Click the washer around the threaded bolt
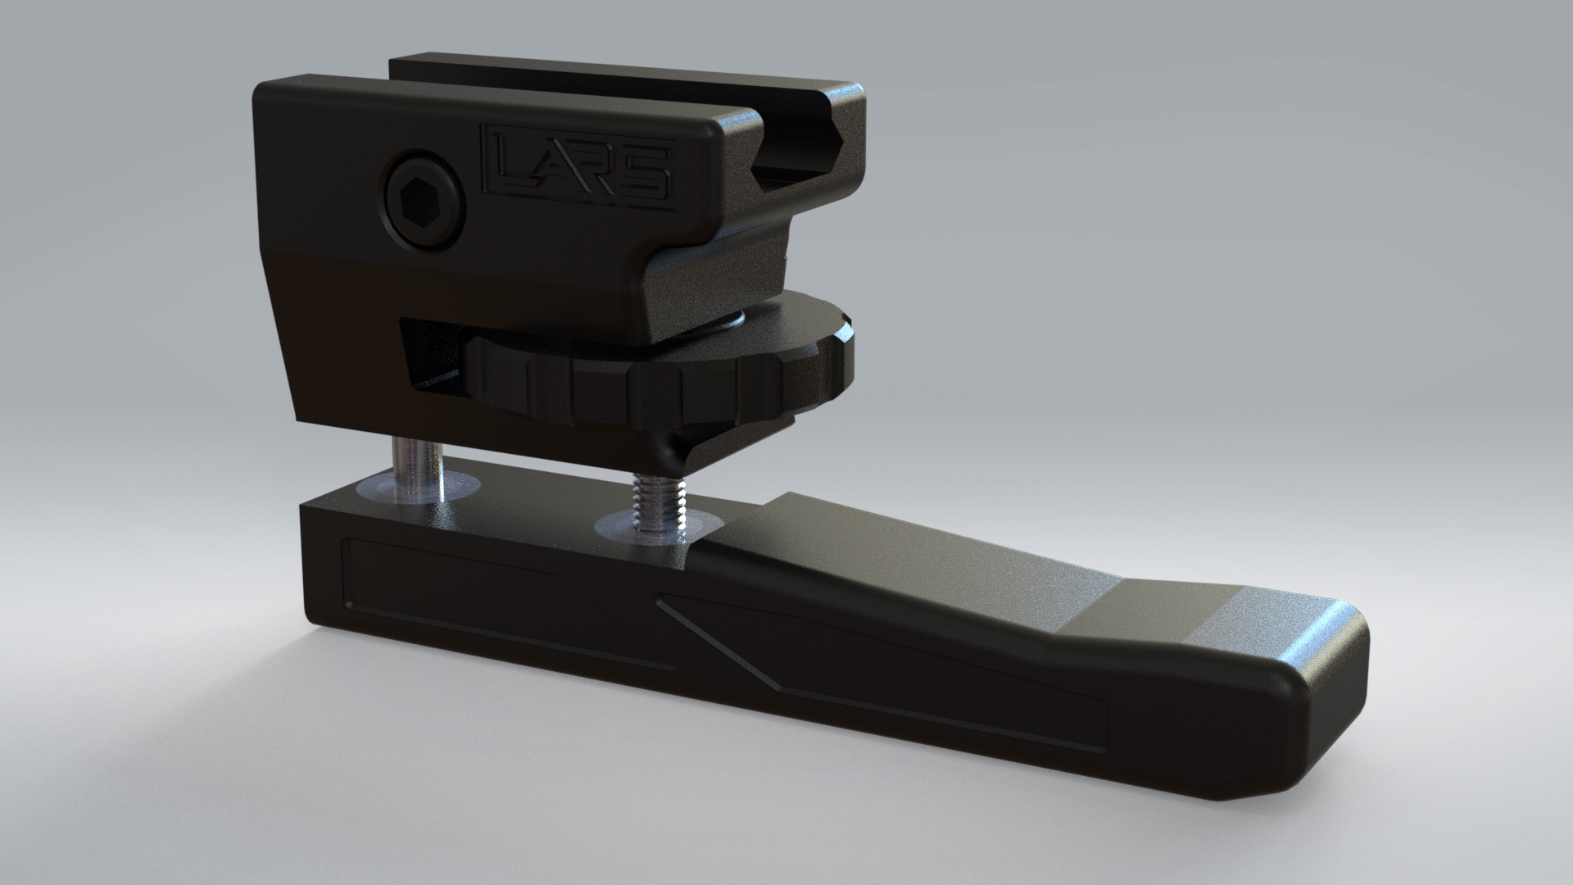pyautogui.click(x=651, y=525)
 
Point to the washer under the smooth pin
pyautogui.click(x=419, y=488)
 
